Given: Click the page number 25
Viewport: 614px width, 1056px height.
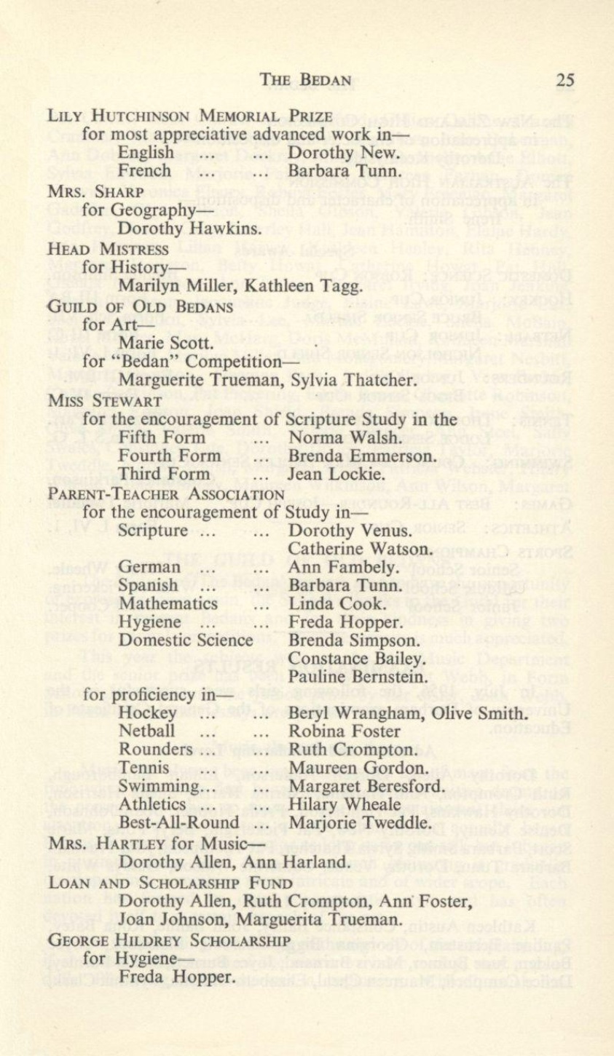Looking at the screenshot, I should point(564,80).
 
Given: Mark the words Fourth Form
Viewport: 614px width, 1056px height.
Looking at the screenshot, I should point(170,456).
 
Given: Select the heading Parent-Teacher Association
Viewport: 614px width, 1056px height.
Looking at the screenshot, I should point(165,494).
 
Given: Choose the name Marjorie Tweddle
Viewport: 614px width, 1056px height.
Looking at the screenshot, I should point(361,825).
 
